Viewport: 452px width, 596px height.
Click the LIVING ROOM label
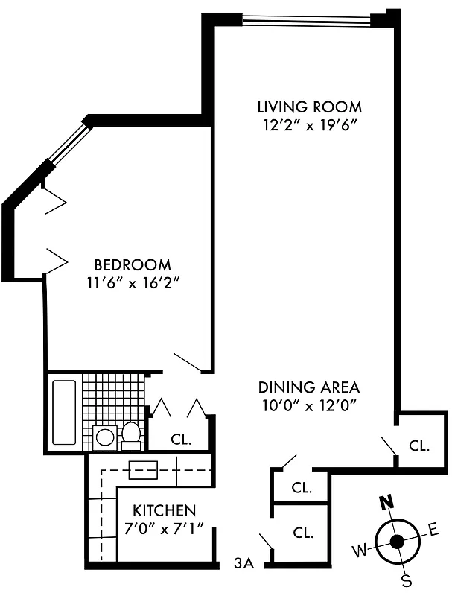(x=309, y=106)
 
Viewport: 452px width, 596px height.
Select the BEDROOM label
(x=133, y=264)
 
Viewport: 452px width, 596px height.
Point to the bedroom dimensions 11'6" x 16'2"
(x=133, y=283)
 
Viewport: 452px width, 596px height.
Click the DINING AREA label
(x=309, y=387)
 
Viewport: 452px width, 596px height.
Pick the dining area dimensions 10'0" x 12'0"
(x=309, y=406)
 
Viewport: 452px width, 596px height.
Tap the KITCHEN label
(x=165, y=511)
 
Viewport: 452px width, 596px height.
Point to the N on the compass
(x=386, y=502)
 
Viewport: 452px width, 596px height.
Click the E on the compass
(x=433, y=530)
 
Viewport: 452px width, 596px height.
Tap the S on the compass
(x=407, y=580)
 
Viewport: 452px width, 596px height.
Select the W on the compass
(x=360, y=551)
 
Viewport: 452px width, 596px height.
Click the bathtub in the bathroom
(x=65, y=412)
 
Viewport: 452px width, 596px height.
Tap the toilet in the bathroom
(x=131, y=435)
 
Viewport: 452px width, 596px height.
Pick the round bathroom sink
(x=105, y=437)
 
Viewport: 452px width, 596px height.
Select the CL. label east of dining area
(x=419, y=446)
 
